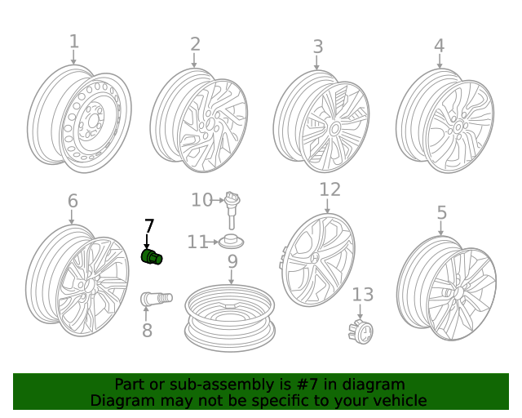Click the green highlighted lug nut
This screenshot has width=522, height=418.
pyautogui.click(x=152, y=257)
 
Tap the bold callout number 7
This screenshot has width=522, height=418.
pyautogui.click(x=148, y=226)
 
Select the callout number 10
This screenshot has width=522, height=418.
pyautogui.click(x=201, y=200)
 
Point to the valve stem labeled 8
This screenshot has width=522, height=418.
pyautogui.click(x=157, y=298)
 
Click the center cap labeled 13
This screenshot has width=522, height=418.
pyautogui.click(x=361, y=331)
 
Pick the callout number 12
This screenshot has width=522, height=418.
pyautogui.click(x=330, y=189)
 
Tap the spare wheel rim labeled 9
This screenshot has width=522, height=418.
pyautogui.click(x=230, y=318)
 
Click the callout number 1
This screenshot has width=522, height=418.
pyautogui.click(x=74, y=42)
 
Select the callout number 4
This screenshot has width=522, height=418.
pyautogui.click(x=439, y=46)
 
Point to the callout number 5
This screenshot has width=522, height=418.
pyautogui.click(x=441, y=212)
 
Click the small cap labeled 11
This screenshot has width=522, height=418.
pyautogui.click(x=231, y=242)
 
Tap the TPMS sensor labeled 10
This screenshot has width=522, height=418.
pyautogui.click(x=232, y=210)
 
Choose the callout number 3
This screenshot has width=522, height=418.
pyautogui.click(x=318, y=47)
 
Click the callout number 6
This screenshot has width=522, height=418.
pyautogui.click(x=73, y=201)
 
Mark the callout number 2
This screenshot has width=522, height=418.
pyautogui.click(x=195, y=44)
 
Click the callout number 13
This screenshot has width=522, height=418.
pyautogui.click(x=362, y=295)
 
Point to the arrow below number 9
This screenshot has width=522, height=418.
pyautogui.click(x=232, y=277)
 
